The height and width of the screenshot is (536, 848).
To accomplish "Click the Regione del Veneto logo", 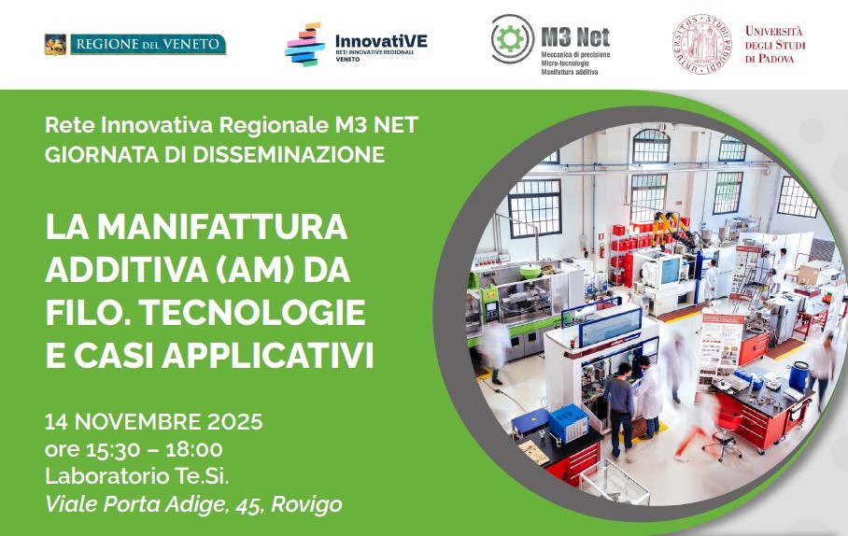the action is tap(135, 44).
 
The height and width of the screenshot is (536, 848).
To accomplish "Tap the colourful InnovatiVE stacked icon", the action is tap(304, 44).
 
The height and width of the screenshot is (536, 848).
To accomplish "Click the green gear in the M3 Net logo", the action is tap(511, 39).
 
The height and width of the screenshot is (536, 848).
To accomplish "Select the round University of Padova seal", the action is tap(702, 44).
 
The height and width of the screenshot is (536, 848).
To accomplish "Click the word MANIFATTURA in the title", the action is tap(222, 227).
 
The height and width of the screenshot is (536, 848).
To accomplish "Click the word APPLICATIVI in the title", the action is tap(268, 356).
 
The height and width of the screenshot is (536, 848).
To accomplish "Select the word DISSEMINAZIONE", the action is tap(289, 155).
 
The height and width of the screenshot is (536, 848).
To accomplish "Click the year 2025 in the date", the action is tap(235, 421).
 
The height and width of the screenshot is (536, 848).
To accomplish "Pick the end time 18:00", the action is tap(194, 449).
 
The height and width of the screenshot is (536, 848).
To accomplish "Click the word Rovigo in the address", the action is tap(306, 504).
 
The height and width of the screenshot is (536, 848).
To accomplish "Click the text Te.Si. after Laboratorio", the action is tap(201, 476).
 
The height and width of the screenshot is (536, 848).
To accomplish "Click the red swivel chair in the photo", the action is tap(724, 433).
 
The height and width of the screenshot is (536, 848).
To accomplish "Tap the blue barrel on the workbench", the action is tap(799, 376).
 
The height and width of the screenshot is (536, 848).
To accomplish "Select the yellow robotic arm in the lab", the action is tap(671, 227).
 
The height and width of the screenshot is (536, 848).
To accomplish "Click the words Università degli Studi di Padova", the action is tap(775, 44).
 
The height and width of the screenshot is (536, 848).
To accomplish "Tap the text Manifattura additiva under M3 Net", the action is tap(570, 72).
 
